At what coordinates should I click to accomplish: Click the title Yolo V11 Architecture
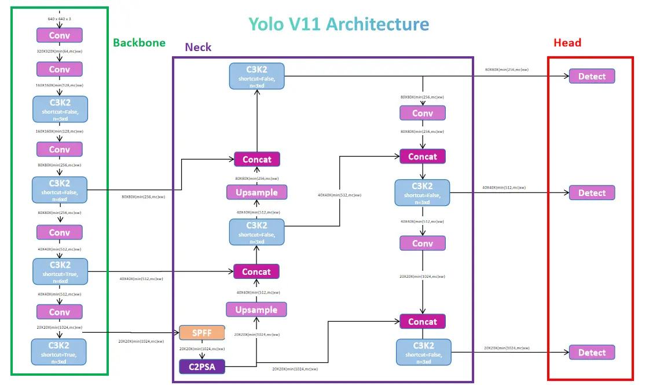click(339, 24)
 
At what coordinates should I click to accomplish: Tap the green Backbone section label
click(139, 43)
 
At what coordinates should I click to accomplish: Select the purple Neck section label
click(198, 48)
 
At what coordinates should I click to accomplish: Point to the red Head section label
click(567, 43)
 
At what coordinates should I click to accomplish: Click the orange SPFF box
click(201, 333)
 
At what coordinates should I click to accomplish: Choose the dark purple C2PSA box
click(201, 366)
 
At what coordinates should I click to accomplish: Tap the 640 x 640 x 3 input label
click(60, 19)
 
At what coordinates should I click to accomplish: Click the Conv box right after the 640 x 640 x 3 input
click(60, 35)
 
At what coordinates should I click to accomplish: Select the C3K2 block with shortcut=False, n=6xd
click(60, 190)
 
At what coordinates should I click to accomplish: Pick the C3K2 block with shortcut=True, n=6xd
click(60, 271)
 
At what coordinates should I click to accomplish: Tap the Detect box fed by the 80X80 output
click(592, 76)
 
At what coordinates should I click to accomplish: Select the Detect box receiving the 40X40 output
click(592, 192)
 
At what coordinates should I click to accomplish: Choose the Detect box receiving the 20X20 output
click(592, 353)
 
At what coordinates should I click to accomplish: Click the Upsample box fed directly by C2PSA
click(256, 310)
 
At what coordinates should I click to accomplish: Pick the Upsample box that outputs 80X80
click(256, 192)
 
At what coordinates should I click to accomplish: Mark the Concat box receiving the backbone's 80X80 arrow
click(256, 159)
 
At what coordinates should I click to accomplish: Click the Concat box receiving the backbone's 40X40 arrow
click(256, 271)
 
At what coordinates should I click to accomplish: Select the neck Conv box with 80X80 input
click(423, 113)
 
